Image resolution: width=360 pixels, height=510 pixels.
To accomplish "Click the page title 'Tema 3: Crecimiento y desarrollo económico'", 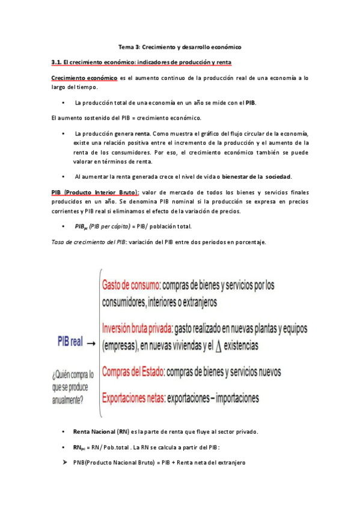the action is [180, 46].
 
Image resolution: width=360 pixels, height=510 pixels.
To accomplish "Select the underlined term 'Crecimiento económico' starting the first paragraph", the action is [84, 78].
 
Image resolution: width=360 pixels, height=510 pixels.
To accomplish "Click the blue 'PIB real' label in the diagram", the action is [70, 341].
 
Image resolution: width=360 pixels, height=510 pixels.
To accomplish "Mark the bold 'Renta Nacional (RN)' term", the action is [100, 432].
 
